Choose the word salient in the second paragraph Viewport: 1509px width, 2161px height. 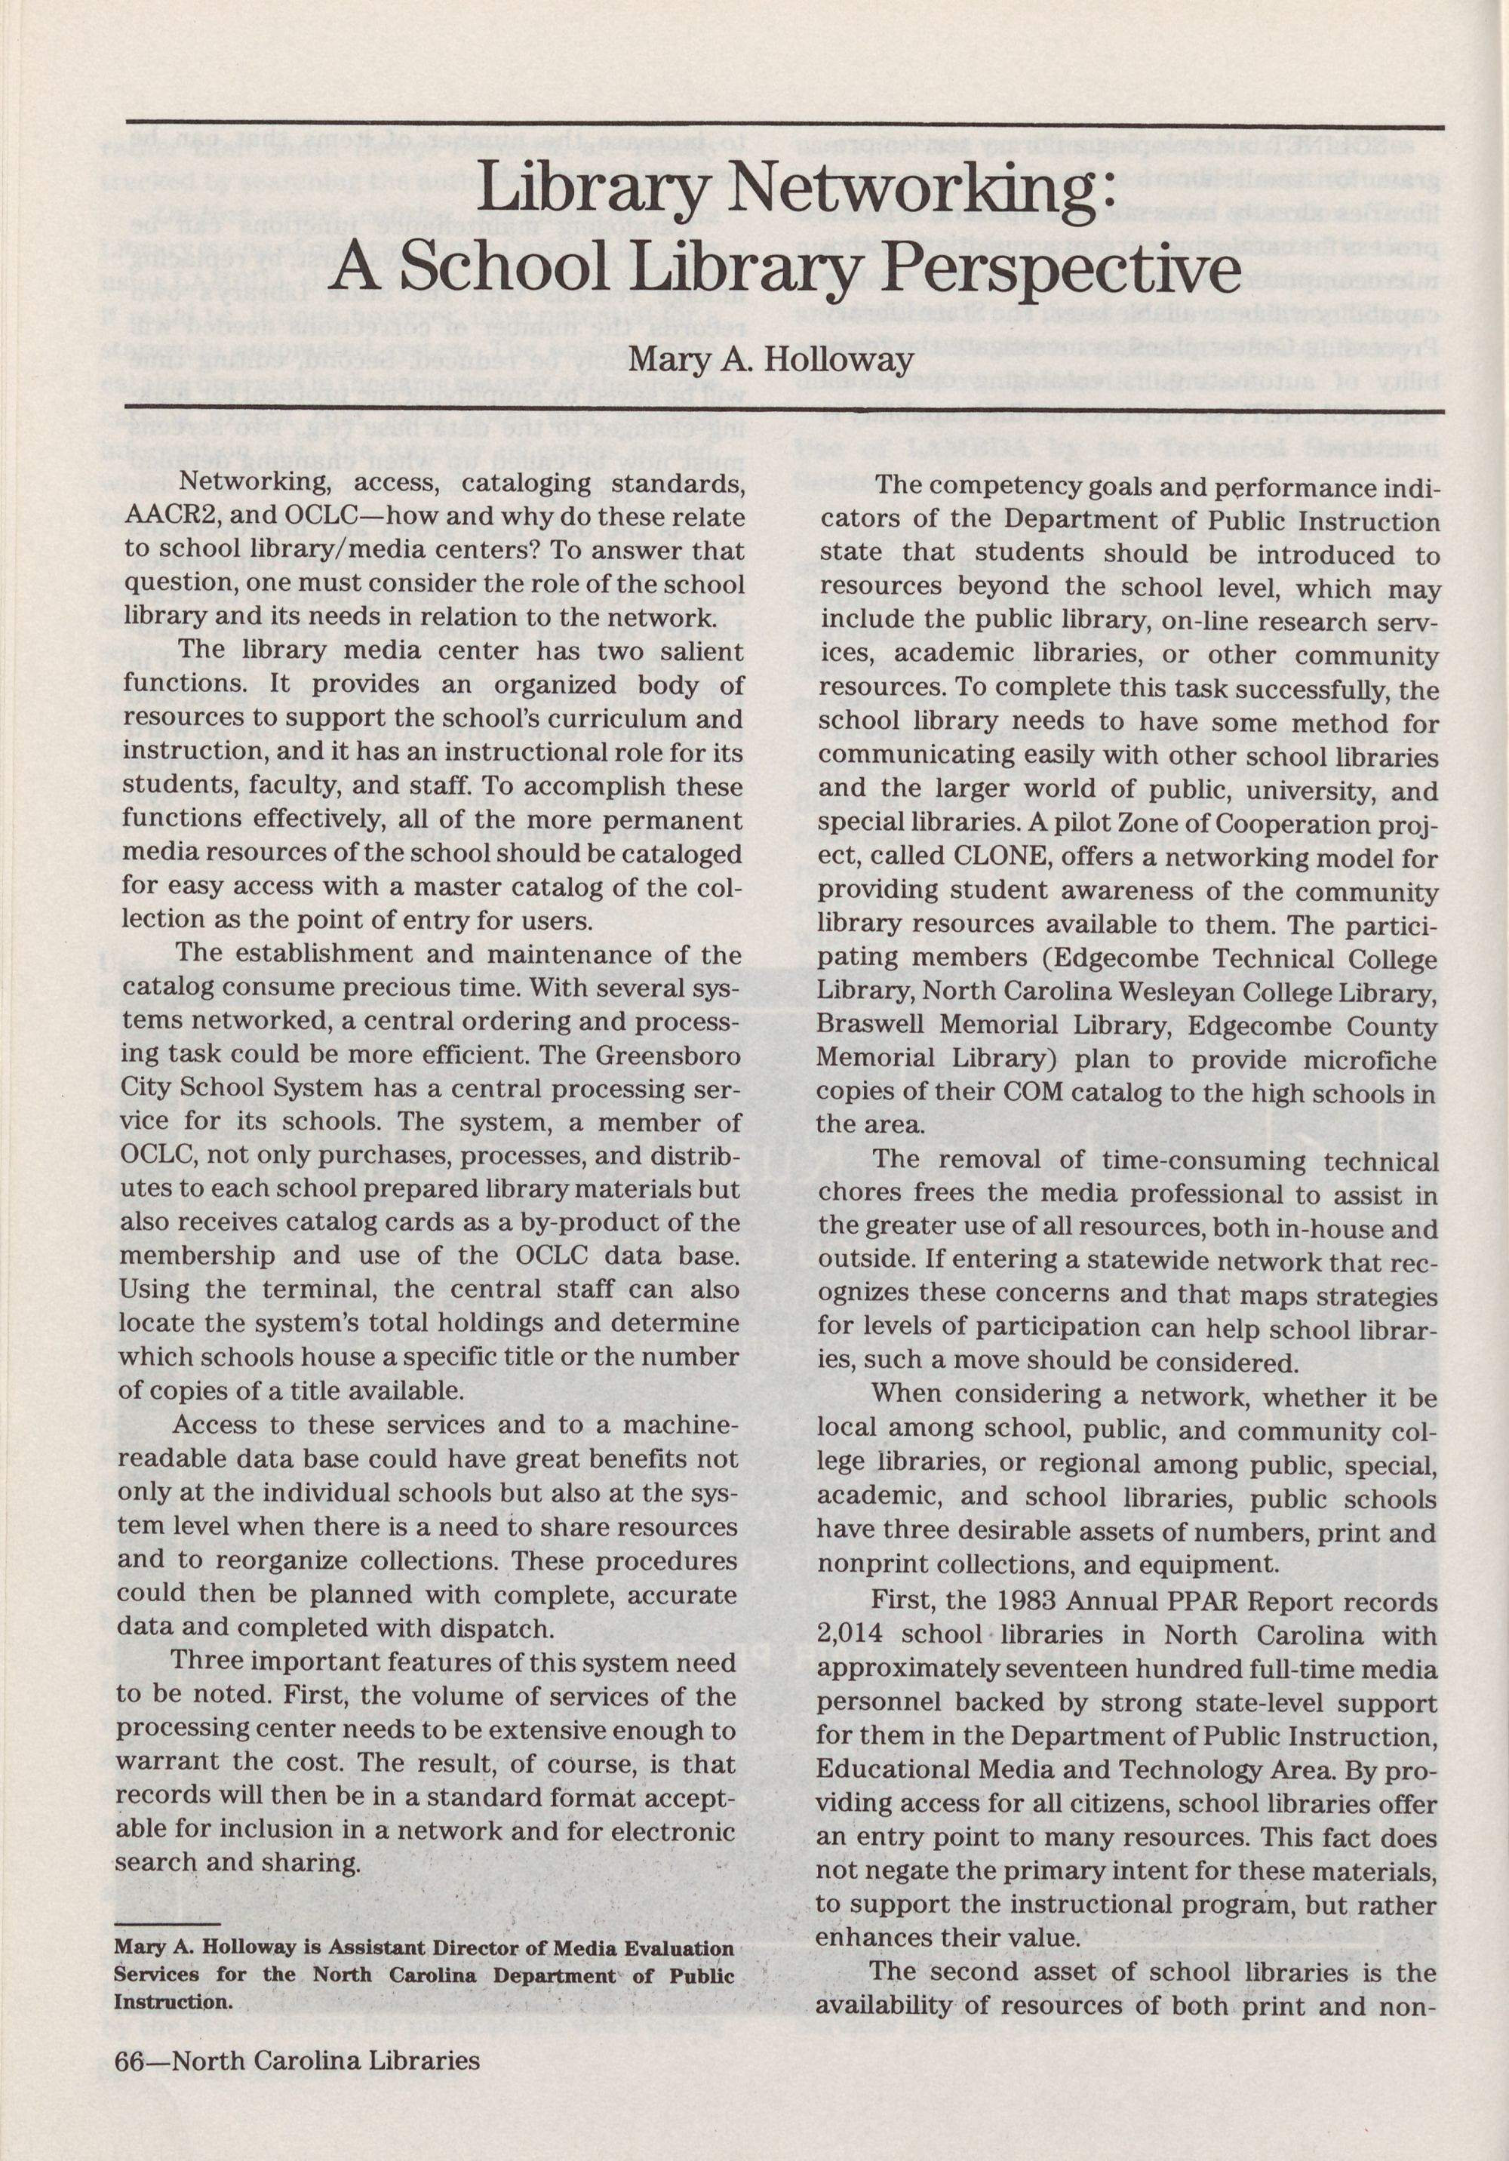tap(692, 650)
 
